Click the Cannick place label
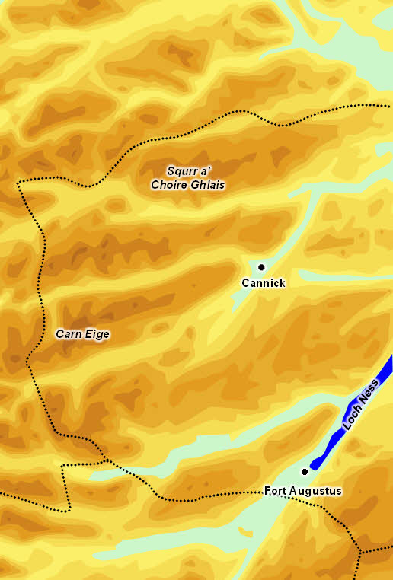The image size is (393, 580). coord(263,283)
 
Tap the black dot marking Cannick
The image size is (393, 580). coord(261,267)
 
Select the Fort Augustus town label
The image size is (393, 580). coord(303,491)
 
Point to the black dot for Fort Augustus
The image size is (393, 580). coord(305,472)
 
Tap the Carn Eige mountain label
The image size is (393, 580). coord(83,333)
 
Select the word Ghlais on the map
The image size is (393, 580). coord(208,185)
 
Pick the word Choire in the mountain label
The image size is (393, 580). coord(170,185)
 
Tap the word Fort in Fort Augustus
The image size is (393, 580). coord(276,491)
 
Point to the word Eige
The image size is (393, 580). coord(97,333)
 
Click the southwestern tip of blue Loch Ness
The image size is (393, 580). coord(312,467)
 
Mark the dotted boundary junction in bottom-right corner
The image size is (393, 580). coord(361,550)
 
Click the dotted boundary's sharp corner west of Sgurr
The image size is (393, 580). coord(19,183)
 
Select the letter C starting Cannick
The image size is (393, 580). coord(245,283)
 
